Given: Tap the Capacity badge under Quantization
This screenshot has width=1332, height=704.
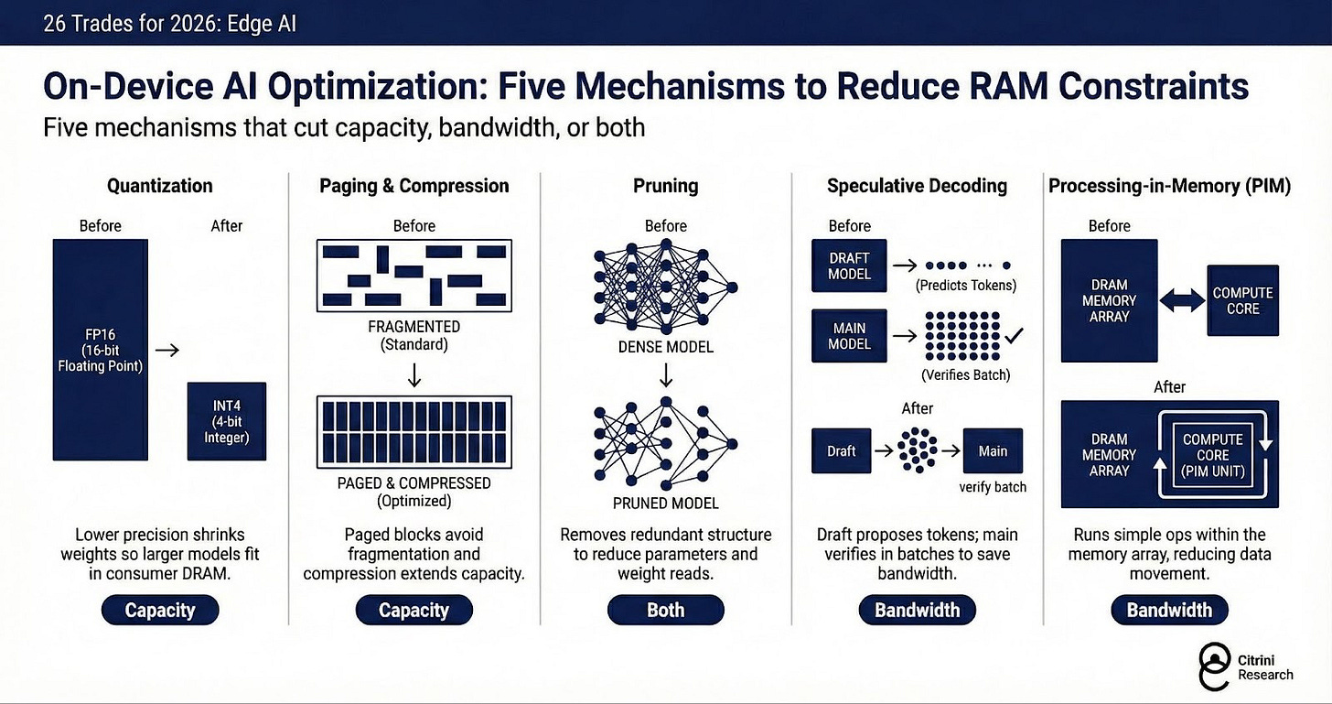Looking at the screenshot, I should coord(160,611).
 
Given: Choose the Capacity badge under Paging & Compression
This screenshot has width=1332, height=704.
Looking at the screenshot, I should coord(414,611).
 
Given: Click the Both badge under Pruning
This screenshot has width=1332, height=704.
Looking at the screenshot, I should coord(665,611).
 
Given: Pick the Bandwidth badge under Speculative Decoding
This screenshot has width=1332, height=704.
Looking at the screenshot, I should coord(917,611).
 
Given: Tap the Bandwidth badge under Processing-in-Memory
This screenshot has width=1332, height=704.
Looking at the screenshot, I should coord(1169,611).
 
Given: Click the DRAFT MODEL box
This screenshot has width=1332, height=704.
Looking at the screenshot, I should coord(849,265).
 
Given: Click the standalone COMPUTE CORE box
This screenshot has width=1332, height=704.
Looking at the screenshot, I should coord(1242,301).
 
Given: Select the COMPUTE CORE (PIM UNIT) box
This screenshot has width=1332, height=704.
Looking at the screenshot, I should coord(1212,454).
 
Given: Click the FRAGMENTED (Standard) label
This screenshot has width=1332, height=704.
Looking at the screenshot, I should coord(414,335).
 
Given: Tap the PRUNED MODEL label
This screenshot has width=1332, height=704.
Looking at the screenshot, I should coord(665,503).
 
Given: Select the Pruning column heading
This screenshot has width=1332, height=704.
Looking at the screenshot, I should coord(665,186).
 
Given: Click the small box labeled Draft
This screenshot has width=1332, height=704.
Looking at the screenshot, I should coord(841,451).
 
